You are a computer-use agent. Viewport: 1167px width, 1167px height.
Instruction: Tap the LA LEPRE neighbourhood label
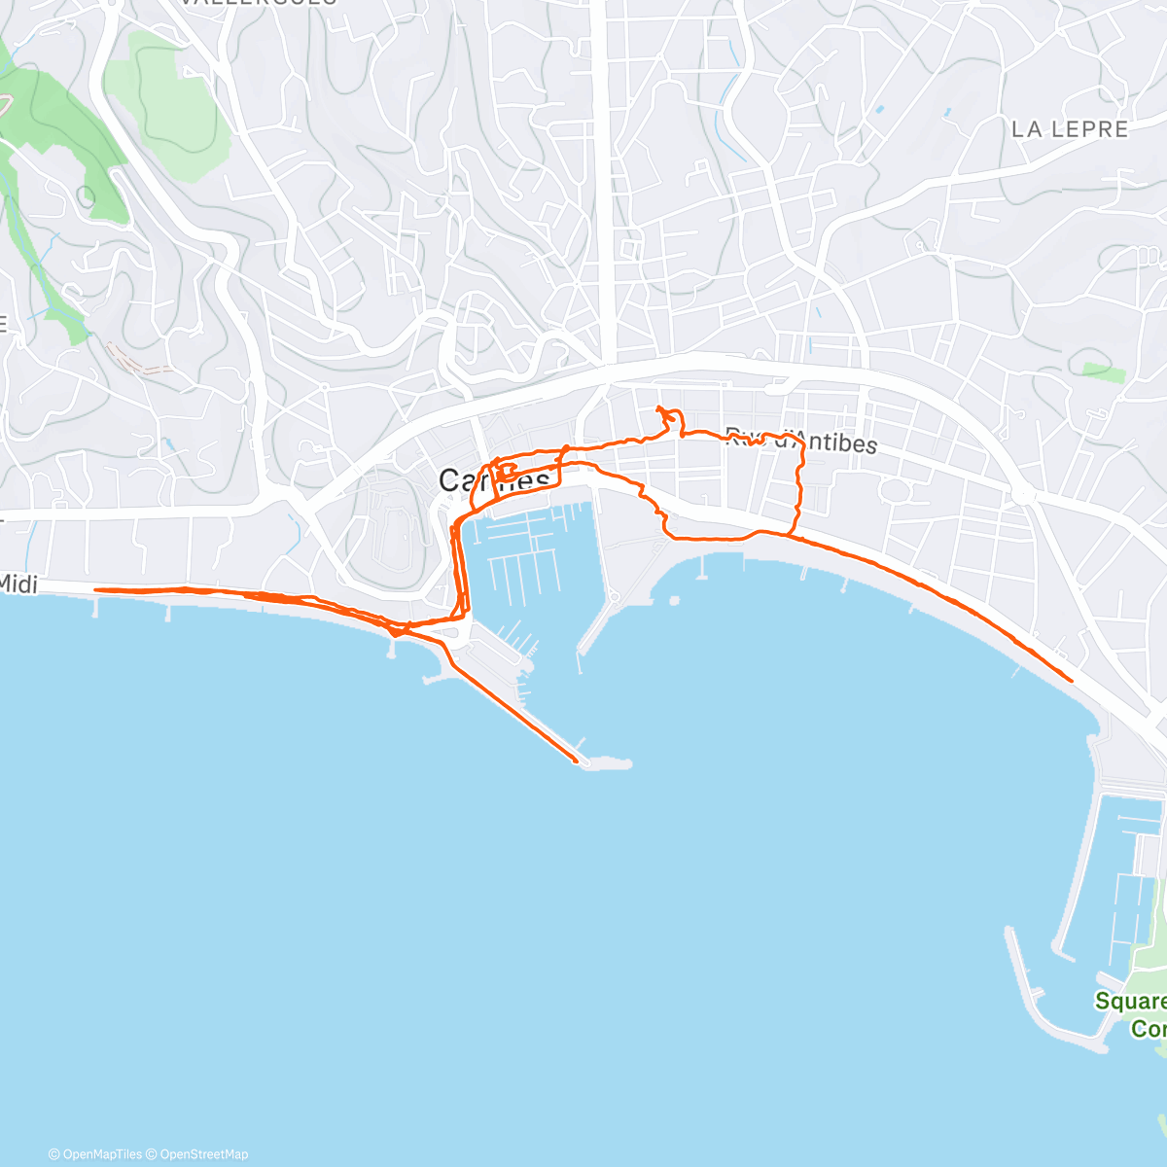[1070, 129]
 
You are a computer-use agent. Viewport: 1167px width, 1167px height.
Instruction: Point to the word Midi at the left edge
[19, 583]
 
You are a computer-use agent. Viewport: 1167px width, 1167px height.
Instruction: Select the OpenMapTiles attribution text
[101, 1154]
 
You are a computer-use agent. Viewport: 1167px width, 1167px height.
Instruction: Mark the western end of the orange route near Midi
[95, 589]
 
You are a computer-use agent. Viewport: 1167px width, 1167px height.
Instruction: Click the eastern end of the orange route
[1071, 681]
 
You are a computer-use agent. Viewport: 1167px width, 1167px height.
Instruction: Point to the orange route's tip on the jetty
[577, 760]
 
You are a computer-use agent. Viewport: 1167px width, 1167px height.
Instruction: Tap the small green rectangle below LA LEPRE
[1103, 372]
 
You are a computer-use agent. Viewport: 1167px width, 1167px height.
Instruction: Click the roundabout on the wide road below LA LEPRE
[1021, 495]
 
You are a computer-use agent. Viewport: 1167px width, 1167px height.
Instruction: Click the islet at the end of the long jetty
[607, 764]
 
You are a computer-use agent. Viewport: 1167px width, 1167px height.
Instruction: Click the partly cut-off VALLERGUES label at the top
[259, 3]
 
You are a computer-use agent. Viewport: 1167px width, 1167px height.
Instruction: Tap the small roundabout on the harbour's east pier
[615, 596]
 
